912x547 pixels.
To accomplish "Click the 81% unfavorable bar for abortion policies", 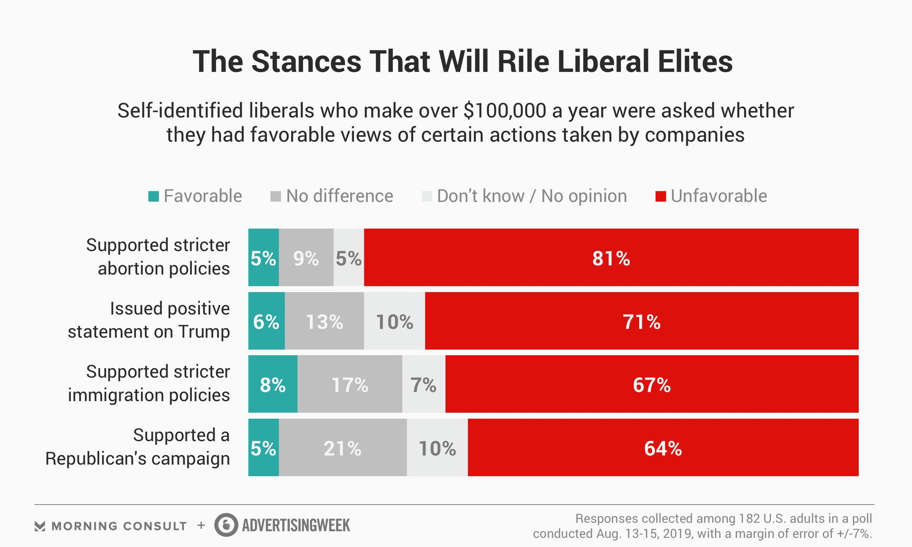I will [x=611, y=257].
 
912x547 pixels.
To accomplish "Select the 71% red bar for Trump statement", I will [x=641, y=321].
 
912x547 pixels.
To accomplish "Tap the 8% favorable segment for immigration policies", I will [x=273, y=384].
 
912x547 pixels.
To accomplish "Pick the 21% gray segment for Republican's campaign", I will [x=342, y=447].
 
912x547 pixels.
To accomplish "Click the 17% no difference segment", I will [x=350, y=384].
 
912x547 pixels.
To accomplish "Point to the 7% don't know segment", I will [x=424, y=384].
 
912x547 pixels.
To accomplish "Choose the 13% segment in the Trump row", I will [x=324, y=321].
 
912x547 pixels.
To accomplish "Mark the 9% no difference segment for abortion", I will [x=306, y=257].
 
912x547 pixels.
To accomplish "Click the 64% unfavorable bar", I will [x=663, y=447].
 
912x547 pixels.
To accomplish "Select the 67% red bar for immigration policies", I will [x=652, y=384].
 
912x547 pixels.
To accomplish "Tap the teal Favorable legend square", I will [x=153, y=196].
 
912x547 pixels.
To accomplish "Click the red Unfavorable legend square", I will [x=660, y=196].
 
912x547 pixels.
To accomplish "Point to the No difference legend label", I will [x=339, y=196].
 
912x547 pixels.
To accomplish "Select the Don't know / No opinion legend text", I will [x=532, y=196].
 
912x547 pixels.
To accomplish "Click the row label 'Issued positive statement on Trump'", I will [x=149, y=320].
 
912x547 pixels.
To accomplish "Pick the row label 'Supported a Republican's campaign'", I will [x=138, y=447].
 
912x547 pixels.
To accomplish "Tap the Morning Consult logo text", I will [x=119, y=526].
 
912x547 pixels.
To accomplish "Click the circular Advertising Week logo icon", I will [x=226, y=525].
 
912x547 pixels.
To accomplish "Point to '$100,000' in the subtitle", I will [x=504, y=111].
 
